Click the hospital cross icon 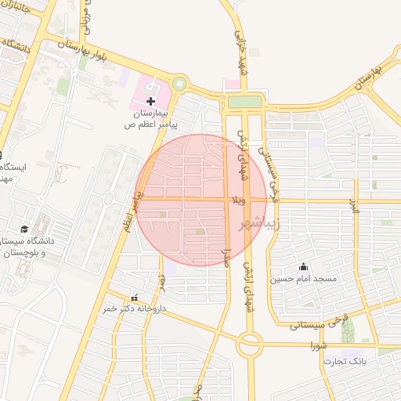pos(151,101)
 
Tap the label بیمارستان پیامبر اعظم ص pos(154,119)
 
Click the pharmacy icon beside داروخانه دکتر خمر pos(135,298)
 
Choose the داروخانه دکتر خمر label pos(125,309)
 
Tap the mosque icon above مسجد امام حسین pos(303,267)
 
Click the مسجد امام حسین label pos(304,279)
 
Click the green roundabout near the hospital pos(180,83)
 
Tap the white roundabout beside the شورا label pos(251,342)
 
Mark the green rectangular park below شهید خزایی pos(244,102)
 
